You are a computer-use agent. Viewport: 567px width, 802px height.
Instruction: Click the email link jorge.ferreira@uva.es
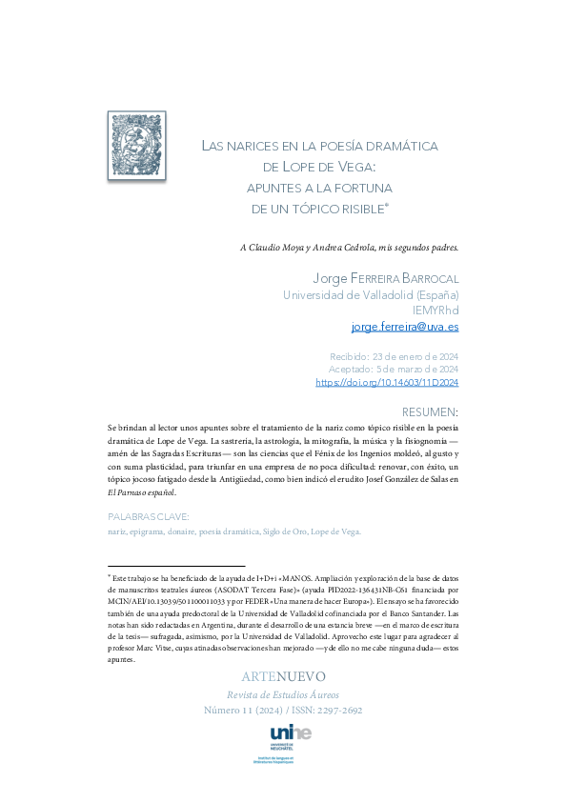pyautogui.click(x=405, y=327)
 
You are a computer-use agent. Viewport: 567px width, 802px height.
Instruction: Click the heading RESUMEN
pyautogui.click(x=431, y=412)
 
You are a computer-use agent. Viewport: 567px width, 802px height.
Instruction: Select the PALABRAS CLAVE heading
pyautogui.click(x=149, y=517)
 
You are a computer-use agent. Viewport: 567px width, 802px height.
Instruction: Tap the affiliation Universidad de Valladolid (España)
pyautogui.click(x=372, y=295)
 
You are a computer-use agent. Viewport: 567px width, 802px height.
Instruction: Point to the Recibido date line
pyautogui.click(x=394, y=356)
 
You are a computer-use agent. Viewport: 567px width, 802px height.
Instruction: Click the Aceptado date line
pyautogui.click(x=394, y=370)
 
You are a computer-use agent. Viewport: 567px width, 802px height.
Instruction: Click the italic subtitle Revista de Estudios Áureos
pyautogui.click(x=283, y=694)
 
